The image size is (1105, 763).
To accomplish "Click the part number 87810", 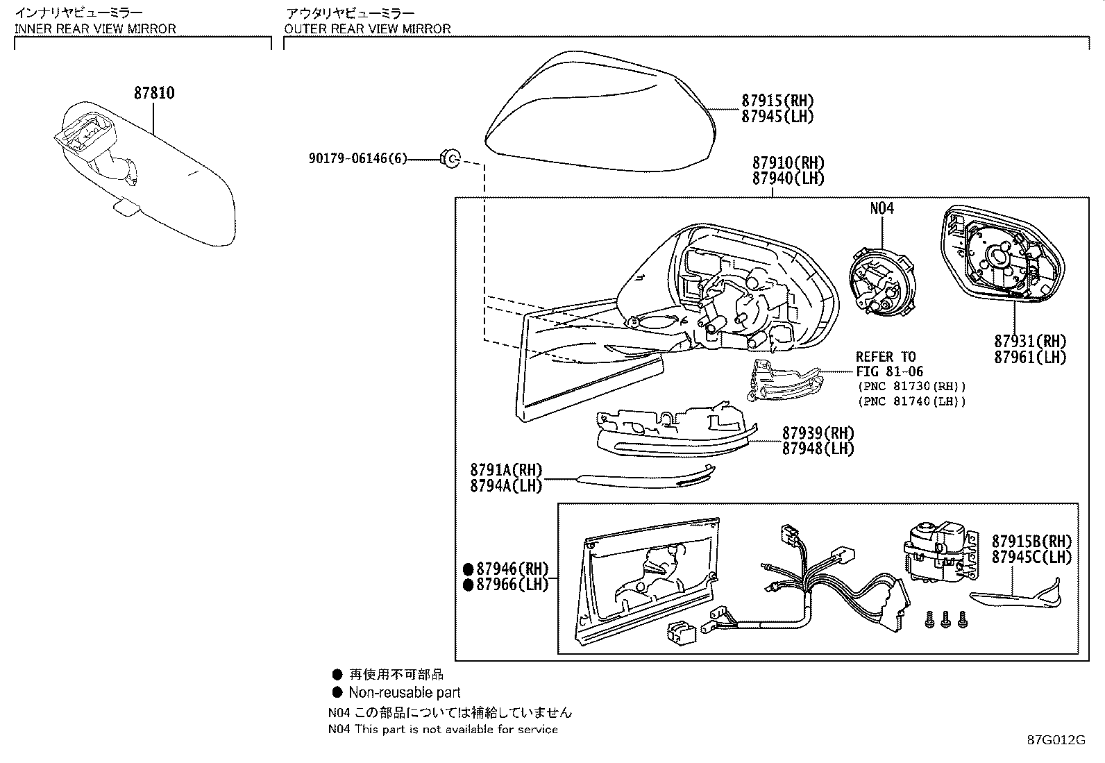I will click(154, 92).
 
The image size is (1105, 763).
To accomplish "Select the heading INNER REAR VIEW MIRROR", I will click(95, 29).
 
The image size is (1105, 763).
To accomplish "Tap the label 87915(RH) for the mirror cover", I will click(777, 101).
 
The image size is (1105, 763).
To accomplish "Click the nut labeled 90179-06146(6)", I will click(450, 159).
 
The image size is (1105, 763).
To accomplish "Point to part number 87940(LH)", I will click(788, 178).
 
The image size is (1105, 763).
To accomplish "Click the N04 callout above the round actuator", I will click(882, 208).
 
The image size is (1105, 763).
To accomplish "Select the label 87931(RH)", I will click(1029, 342).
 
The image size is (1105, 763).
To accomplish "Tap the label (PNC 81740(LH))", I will click(911, 401).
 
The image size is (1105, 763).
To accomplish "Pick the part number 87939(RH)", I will click(818, 433).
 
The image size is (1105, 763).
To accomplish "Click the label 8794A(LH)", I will click(505, 486).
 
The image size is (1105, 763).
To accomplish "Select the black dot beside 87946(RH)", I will click(469, 569).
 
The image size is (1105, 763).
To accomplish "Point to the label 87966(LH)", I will click(512, 585).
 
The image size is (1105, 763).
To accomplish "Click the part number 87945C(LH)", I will click(1031, 557).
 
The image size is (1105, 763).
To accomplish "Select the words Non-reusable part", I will click(404, 692).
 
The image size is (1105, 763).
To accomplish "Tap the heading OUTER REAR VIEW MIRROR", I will click(367, 29).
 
